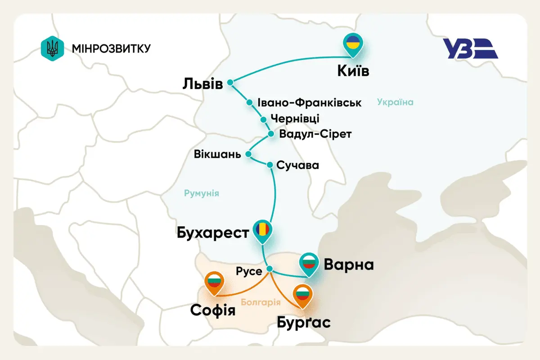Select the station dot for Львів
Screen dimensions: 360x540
pyautogui.click(x=230, y=82)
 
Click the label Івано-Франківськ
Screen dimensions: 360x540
pyautogui.click(x=310, y=103)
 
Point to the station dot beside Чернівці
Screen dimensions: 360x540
pyautogui.click(x=264, y=119)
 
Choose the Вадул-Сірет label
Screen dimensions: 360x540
pyautogui.click(x=315, y=134)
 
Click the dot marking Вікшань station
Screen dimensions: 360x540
pyautogui.click(x=248, y=154)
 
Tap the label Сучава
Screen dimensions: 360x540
pyautogui.click(x=297, y=165)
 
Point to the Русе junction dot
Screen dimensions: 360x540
pyautogui.click(x=270, y=269)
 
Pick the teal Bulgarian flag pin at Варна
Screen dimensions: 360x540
pyautogui.click(x=309, y=262)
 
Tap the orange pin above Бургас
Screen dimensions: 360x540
pyautogui.click(x=302, y=295)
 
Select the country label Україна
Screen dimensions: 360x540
pyautogui.click(x=395, y=102)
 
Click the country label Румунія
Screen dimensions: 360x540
pyautogui.click(x=201, y=193)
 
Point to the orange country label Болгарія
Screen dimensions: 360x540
pyautogui.click(x=258, y=302)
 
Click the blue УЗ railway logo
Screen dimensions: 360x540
pyautogui.click(x=470, y=49)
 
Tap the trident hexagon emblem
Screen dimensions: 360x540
pyautogui.click(x=52, y=48)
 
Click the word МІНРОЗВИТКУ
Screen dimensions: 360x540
pyautogui.click(x=111, y=48)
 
